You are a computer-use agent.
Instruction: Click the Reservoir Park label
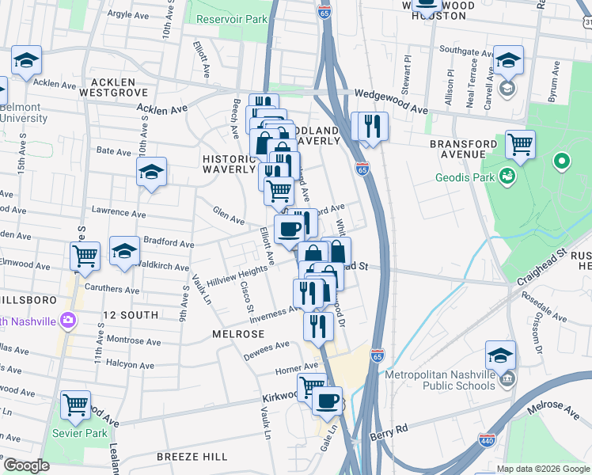click(232, 18)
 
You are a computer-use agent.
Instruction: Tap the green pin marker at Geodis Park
click(562, 162)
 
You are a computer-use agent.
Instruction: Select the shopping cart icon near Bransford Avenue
click(520, 145)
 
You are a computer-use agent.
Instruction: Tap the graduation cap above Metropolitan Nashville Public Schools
click(500, 355)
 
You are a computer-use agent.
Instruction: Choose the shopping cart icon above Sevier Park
click(75, 405)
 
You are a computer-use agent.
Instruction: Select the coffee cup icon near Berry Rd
click(325, 400)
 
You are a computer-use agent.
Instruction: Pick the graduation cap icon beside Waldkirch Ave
click(124, 251)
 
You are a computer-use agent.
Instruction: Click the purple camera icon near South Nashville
click(67, 320)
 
